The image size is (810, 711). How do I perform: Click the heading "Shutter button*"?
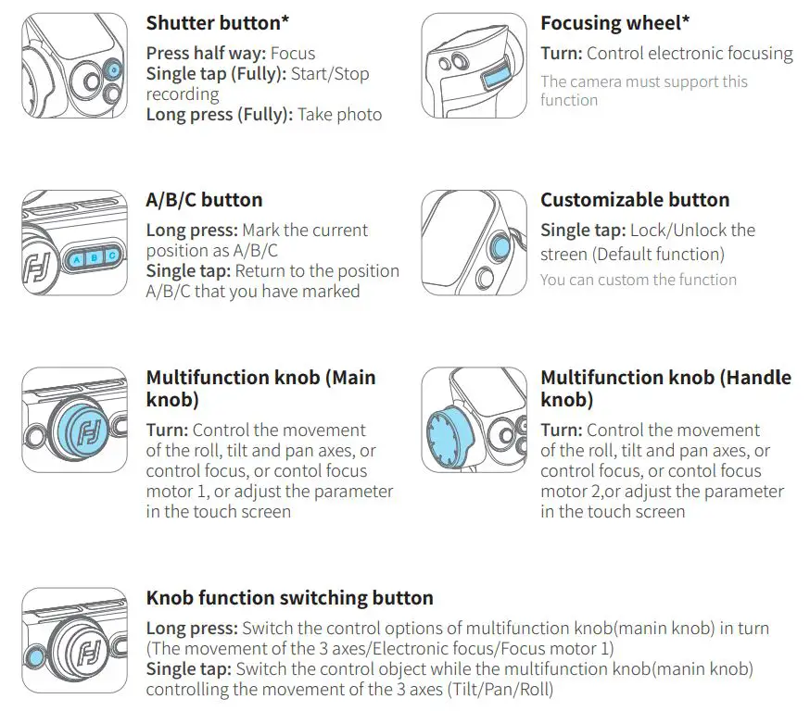pos(213,24)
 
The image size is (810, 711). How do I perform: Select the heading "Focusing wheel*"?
pos(616,24)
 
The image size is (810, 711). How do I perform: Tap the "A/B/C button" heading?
pos(204,200)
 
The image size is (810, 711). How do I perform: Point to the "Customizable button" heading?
pos(635,200)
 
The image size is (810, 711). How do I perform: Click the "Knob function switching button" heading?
pos(289,598)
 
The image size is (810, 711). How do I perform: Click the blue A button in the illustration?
pos(76,259)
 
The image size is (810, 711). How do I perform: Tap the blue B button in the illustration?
pos(94,258)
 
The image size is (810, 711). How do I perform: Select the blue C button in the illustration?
pos(111,256)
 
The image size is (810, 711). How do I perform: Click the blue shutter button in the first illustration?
pos(112,69)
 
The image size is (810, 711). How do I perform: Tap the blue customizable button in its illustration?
pos(500,247)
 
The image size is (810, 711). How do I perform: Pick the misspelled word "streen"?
pos(566,253)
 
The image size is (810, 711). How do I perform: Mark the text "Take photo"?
pos(339,115)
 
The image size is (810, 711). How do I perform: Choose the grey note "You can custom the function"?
pos(639,280)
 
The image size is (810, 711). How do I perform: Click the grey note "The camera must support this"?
pos(644,81)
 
